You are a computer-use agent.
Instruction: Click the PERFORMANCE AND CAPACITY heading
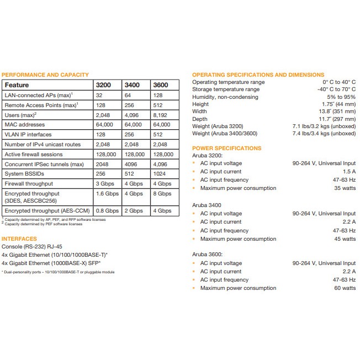click(45, 75)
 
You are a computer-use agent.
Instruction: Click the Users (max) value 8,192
click(161, 115)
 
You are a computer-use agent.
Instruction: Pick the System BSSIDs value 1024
click(160, 173)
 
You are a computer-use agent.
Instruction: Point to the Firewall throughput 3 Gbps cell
click(105, 183)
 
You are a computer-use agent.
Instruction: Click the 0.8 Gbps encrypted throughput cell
click(107, 210)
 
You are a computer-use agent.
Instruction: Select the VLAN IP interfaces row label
click(28, 134)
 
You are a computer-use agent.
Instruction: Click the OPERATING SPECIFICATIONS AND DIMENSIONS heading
click(258, 75)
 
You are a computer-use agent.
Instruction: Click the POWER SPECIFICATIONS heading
click(226, 148)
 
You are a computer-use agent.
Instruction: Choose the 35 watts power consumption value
click(346, 188)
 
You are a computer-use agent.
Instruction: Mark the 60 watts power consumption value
click(346, 288)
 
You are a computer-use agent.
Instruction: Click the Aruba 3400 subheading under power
click(207, 205)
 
